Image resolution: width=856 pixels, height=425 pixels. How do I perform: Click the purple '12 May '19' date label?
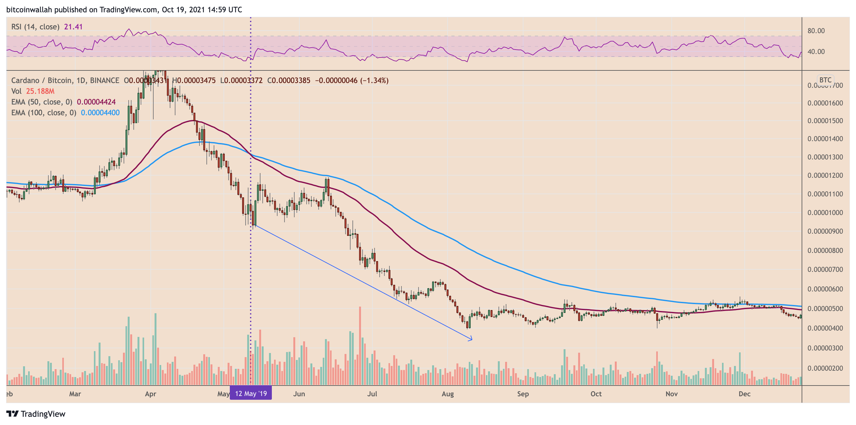click(x=251, y=393)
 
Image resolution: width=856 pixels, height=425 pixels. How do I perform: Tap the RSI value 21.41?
click(x=73, y=27)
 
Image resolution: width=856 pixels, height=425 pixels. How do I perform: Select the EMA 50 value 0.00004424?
click(x=96, y=102)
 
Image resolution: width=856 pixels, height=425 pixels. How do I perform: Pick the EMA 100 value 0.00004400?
click(x=100, y=113)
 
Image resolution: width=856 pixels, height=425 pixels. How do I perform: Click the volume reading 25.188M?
click(x=40, y=91)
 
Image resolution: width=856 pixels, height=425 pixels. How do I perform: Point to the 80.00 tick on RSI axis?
click(x=816, y=31)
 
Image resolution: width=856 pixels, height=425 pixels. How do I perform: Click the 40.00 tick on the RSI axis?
click(x=816, y=51)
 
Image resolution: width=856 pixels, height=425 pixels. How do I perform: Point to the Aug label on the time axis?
click(x=448, y=394)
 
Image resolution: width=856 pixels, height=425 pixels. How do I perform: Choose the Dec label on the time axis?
click(x=744, y=394)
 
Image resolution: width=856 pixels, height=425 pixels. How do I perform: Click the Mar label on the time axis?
click(x=75, y=394)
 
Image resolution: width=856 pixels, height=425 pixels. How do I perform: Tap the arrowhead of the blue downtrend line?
click(x=471, y=339)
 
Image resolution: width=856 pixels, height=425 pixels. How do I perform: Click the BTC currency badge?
click(x=825, y=80)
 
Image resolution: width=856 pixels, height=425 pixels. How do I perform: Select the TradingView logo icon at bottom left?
click(x=12, y=414)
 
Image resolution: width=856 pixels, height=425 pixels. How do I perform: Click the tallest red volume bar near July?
click(x=360, y=345)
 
